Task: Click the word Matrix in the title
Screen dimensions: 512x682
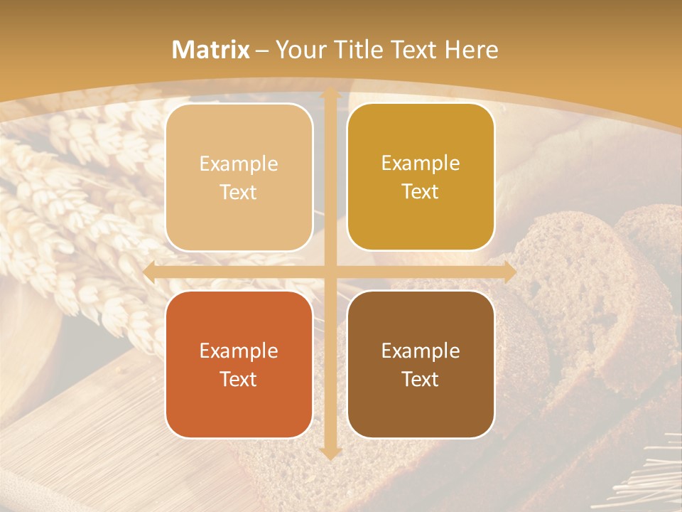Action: pyautogui.click(x=211, y=50)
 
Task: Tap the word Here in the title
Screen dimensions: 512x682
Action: pyautogui.click(x=472, y=50)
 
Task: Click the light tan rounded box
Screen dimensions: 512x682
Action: pyautogui.click(x=239, y=177)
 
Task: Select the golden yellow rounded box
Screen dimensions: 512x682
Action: pyautogui.click(x=421, y=177)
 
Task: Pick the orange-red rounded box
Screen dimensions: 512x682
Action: pyautogui.click(x=239, y=364)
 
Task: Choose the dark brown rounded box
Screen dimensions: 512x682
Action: pyautogui.click(x=421, y=364)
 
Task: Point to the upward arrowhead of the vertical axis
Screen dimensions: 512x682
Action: pyautogui.click(x=330, y=95)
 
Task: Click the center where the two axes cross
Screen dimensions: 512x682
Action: pyautogui.click(x=330, y=272)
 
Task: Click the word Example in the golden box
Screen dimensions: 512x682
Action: pyautogui.click(x=421, y=163)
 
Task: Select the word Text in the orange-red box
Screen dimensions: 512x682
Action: pyautogui.click(x=239, y=379)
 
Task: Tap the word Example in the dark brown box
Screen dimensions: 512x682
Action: pyautogui.click(x=421, y=351)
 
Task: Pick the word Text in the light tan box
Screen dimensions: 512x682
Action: pyautogui.click(x=239, y=192)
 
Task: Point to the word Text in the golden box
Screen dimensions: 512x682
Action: pyautogui.click(x=421, y=191)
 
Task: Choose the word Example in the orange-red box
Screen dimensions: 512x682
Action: pyautogui.click(x=239, y=351)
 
